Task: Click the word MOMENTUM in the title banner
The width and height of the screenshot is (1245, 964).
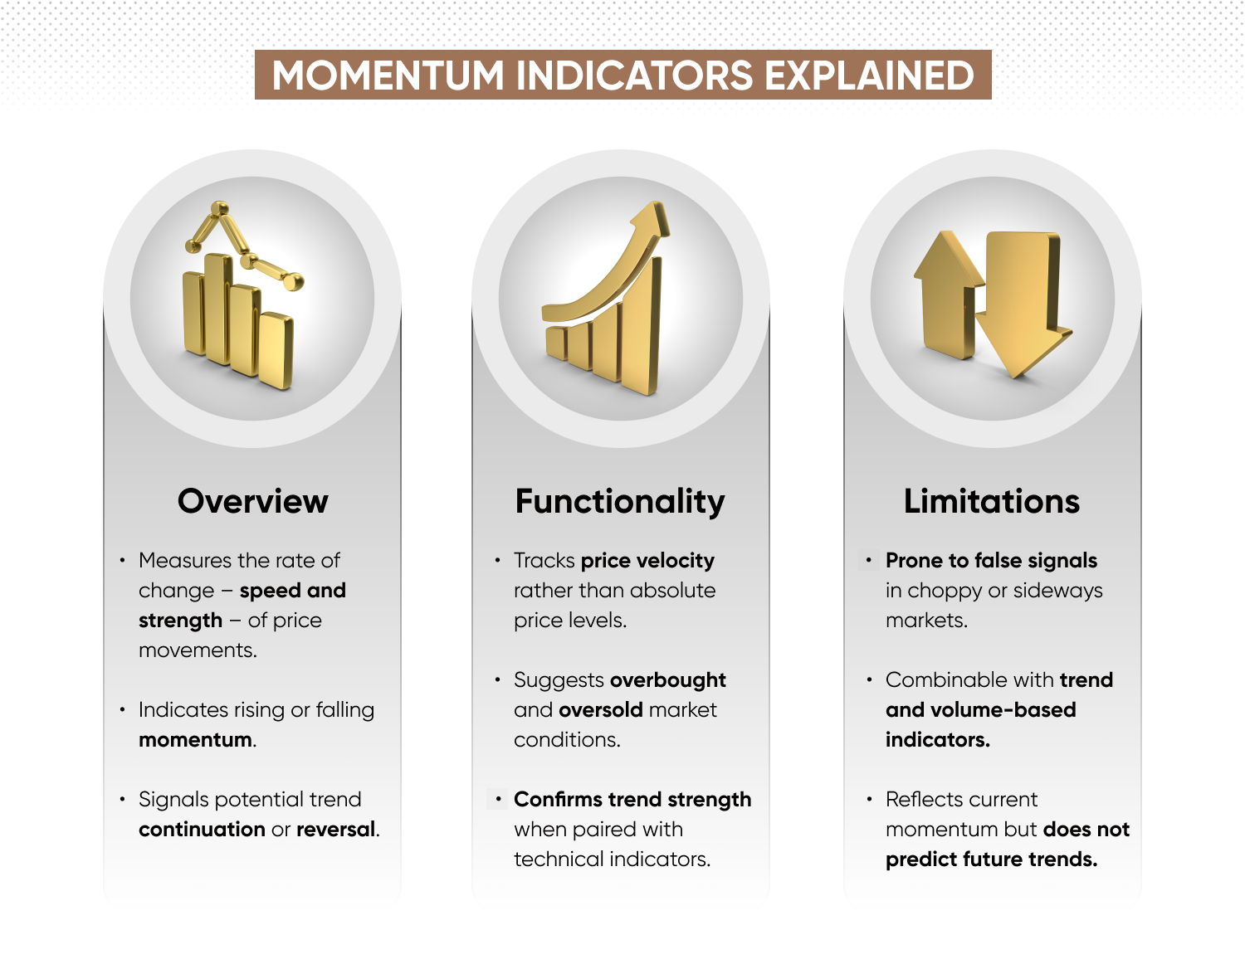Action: coord(388,75)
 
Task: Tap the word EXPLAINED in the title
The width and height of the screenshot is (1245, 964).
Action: coord(869,75)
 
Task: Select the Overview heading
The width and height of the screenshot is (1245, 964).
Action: coord(252,501)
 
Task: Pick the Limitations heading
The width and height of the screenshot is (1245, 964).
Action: coord(992,501)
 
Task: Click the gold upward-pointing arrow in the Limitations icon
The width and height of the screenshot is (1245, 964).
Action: coord(948,295)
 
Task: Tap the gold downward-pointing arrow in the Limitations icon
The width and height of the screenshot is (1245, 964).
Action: coord(1023,304)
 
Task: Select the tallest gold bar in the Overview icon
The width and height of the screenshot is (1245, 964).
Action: coord(218,309)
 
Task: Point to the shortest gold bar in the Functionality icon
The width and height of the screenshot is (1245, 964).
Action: coord(556,343)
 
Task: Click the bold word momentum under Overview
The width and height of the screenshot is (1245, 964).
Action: coord(195,740)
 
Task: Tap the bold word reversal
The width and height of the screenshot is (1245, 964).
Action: coord(336,830)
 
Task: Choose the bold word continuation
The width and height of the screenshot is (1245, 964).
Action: coord(202,830)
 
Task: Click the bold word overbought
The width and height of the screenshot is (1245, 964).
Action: coord(668,680)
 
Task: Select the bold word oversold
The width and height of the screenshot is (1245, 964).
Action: coord(600,710)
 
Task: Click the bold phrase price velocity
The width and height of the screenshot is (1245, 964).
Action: coord(647,561)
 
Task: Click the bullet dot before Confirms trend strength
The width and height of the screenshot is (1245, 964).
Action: coord(499,799)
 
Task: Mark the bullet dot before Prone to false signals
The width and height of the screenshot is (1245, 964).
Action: coord(869,560)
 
